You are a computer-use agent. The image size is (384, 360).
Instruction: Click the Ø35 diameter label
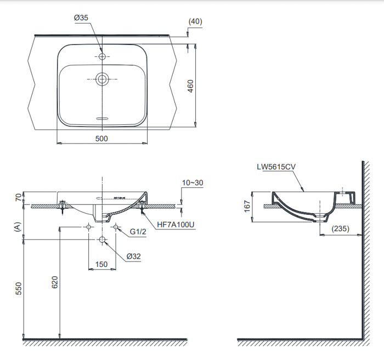(x=81, y=18)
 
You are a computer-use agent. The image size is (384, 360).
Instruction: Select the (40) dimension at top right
(x=195, y=21)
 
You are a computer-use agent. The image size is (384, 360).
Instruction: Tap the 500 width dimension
(x=101, y=139)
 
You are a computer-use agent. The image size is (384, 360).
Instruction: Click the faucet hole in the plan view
(x=102, y=56)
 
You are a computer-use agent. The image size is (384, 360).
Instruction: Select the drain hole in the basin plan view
(x=102, y=79)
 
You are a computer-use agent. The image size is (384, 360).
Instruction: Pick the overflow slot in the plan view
(x=102, y=117)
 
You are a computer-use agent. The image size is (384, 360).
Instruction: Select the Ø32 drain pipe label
(x=134, y=256)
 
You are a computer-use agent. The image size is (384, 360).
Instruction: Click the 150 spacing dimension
(x=101, y=264)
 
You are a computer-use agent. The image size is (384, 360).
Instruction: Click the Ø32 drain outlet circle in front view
(x=102, y=239)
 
